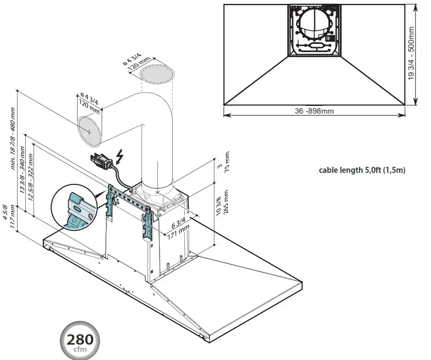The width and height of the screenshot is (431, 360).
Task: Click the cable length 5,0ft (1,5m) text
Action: click(362, 170)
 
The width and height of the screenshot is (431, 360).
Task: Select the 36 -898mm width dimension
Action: click(314, 111)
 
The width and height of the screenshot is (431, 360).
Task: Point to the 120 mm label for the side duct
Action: click(83, 105)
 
